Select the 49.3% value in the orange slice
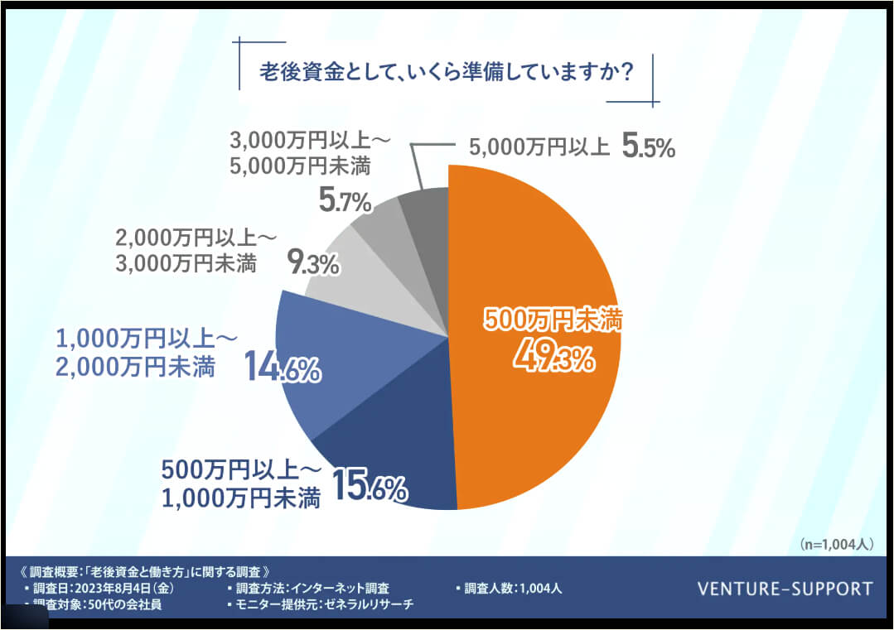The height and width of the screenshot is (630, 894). pos(553,357)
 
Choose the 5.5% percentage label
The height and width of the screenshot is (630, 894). pos(649,148)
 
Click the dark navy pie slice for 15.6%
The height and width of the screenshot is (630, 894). pos(389,464)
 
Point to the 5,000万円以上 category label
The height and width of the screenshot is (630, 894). pos(539,149)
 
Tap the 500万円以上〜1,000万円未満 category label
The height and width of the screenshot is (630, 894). pos(239,484)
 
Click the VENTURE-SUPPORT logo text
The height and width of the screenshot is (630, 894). pos(785,589)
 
